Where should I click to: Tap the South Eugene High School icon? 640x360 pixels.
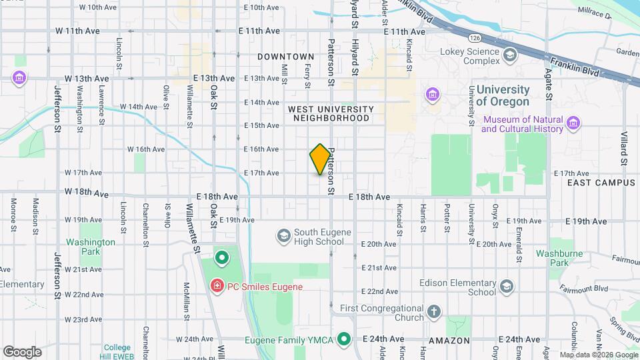(284, 236)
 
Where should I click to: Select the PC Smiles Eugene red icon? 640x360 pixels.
(217, 287)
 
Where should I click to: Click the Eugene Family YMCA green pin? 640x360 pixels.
(344, 340)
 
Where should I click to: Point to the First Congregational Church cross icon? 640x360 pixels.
(433, 311)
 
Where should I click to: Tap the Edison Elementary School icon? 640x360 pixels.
(507, 287)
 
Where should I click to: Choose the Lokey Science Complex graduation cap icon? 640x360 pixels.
(510, 56)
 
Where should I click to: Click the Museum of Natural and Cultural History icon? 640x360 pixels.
(573, 123)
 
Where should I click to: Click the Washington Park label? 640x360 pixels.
(91, 247)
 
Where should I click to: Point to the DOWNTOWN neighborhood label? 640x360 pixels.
(285, 57)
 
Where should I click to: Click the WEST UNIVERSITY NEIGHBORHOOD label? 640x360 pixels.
(331, 113)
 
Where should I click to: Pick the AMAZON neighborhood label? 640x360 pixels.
(449, 340)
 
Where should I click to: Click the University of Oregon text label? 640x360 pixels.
(503, 96)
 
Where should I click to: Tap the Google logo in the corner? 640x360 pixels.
(22, 351)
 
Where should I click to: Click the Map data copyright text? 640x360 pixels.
(598, 355)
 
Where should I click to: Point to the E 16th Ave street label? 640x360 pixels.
(261, 149)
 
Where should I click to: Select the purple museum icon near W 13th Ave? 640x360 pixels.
(18, 79)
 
